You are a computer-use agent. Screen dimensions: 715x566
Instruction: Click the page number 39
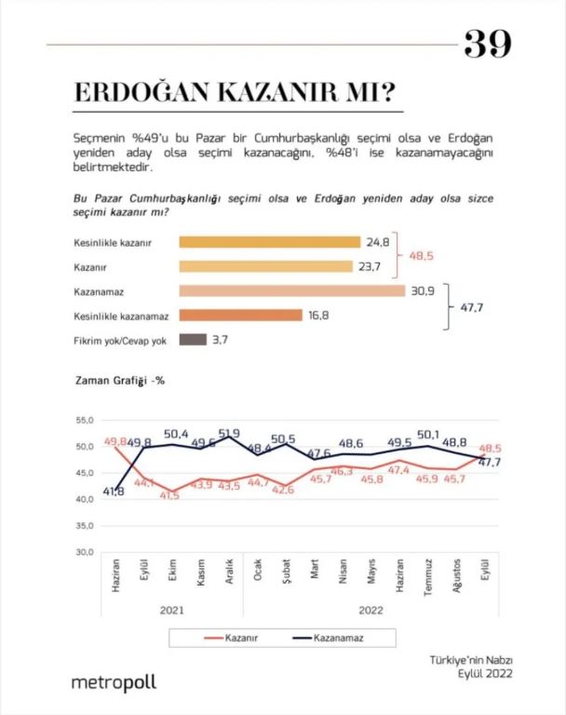point(487,43)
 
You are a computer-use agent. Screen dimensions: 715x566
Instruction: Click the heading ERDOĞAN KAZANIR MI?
point(234,94)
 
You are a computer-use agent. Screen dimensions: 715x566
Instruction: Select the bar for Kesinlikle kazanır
point(269,242)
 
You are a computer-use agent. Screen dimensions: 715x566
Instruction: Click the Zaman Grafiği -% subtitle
point(118,379)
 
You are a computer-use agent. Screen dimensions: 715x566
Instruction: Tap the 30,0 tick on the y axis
point(85,552)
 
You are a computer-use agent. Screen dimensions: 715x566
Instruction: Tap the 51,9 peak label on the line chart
point(229,433)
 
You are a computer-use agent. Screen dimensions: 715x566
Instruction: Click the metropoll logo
point(115,682)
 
